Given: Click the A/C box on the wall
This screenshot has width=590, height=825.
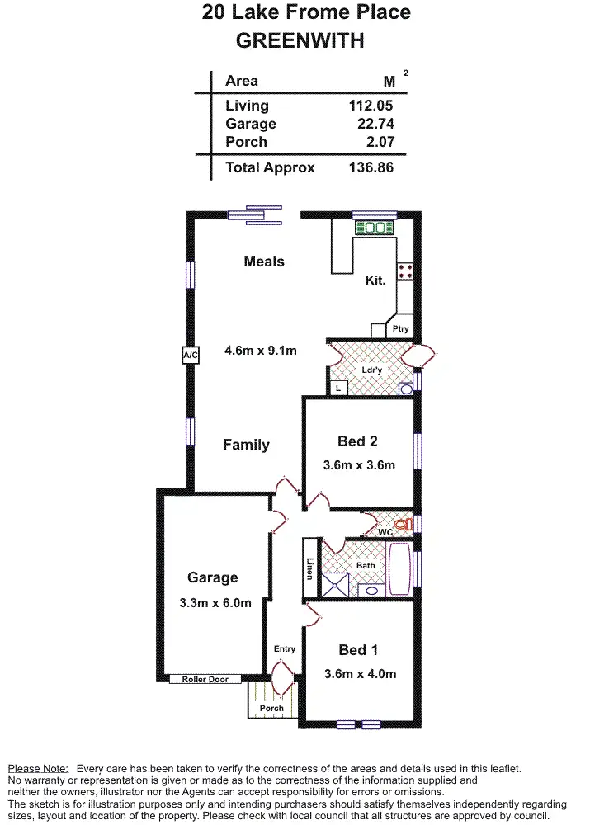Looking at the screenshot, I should [191, 356].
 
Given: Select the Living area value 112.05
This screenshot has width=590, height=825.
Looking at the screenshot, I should [371, 106].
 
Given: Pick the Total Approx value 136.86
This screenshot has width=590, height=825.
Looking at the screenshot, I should [371, 167].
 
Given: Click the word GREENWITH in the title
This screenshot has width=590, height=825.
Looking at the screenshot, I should [300, 40].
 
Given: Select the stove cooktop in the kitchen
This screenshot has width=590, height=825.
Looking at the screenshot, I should [405, 271].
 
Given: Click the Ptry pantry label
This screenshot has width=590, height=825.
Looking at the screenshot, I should [401, 329].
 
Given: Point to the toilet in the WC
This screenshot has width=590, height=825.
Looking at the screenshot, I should [401, 524].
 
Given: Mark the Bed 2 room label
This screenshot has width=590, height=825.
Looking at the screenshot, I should [357, 441].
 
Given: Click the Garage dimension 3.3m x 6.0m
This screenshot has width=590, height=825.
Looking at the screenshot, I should [215, 603].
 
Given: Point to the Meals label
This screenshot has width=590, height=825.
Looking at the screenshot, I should [264, 262].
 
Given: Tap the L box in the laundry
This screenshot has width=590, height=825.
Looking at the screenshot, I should [338, 387].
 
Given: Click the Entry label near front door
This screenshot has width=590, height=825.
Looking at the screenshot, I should [284, 649].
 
